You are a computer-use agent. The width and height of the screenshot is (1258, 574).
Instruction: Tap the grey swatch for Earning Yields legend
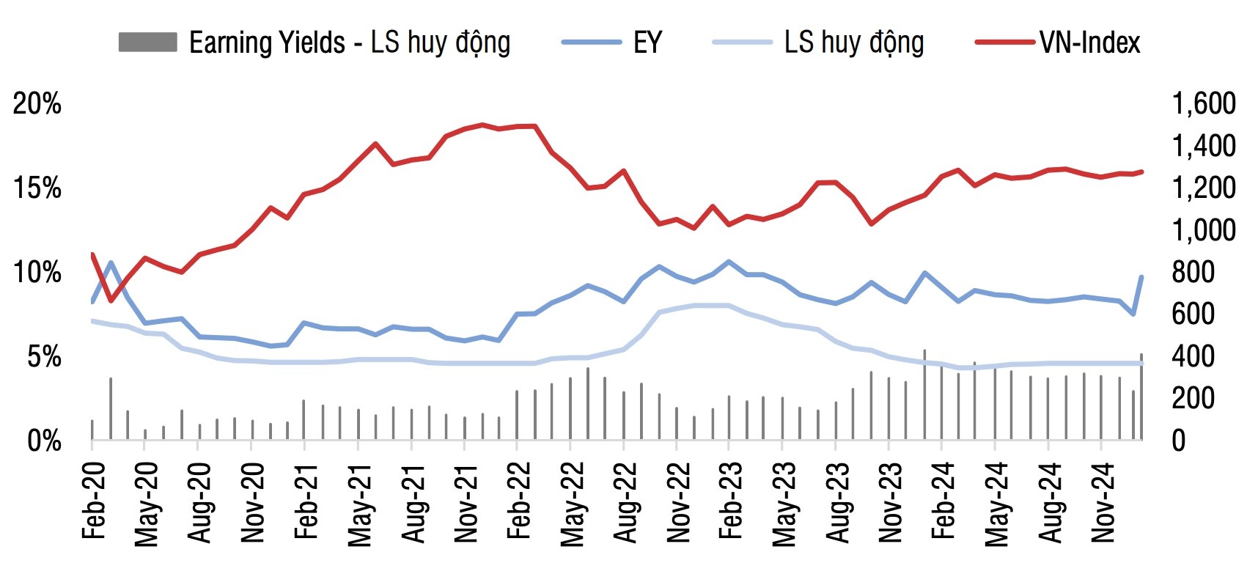pyautogui.click(x=147, y=43)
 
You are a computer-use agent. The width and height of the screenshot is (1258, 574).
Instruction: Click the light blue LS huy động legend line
pyautogui.click(x=741, y=43)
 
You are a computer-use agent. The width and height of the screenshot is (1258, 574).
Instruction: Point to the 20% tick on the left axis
pyautogui.click(x=37, y=104)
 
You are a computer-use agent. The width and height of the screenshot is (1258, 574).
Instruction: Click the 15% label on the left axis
pyautogui.click(x=37, y=188)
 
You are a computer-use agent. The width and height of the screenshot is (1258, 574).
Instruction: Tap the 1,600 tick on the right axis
pyautogui.click(x=1204, y=104)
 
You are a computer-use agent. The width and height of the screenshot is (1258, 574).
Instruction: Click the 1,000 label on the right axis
pyautogui.click(x=1204, y=230)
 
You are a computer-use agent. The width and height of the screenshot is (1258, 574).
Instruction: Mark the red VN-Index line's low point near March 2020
pyautogui.click(x=111, y=301)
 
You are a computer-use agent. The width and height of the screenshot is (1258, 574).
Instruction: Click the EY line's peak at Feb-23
pyautogui.click(x=728, y=261)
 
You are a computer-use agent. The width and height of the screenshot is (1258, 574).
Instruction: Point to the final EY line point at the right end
pyautogui.click(x=1141, y=277)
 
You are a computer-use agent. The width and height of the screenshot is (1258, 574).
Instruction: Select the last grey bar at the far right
pyautogui.click(x=1141, y=397)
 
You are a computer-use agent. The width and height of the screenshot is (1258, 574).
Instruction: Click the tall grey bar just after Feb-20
pyautogui.click(x=111, y=408)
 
